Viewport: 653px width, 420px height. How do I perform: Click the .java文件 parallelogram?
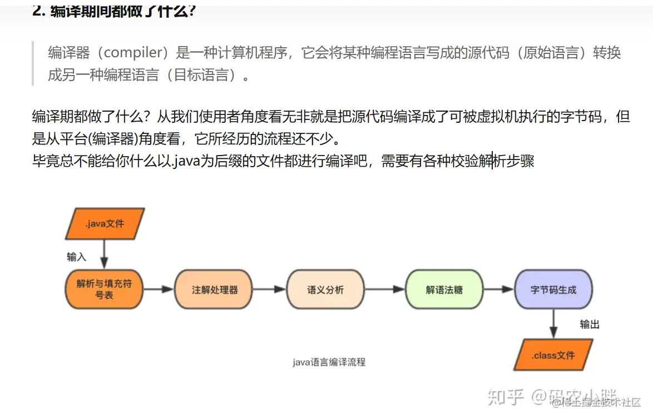tap(105, 224)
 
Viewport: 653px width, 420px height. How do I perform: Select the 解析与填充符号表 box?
tap(104, 289)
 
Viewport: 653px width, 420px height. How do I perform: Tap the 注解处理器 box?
tap(215, 289)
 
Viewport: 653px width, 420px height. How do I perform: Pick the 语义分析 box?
tap(325, 289)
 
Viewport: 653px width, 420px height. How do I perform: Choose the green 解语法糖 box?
tap(444, 289)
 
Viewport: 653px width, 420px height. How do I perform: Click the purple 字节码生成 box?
tap(553, 289)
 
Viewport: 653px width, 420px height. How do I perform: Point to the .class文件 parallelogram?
tap(553, 355)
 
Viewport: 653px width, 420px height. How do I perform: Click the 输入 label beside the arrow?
tap(77, 257)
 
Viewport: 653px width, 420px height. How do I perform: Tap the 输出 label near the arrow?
tap(590, 324)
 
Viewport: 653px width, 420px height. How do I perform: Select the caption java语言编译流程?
tap(329, 362)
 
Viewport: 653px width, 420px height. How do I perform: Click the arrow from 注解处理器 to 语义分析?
tap(270, 289)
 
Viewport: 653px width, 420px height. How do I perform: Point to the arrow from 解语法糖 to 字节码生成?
tap(498, 289)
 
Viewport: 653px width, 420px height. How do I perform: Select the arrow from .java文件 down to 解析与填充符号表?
tap(104, 254)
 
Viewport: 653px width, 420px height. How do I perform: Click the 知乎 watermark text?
tap(506, 396)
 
